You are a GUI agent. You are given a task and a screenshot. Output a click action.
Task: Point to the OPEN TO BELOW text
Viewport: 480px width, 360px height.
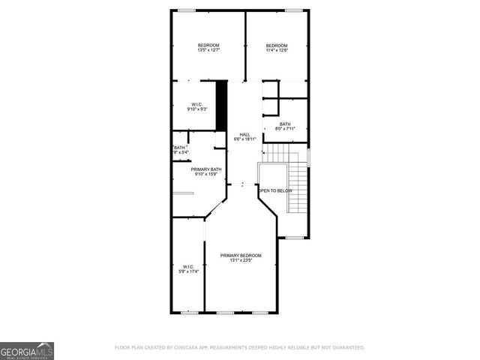(x=275, y=190)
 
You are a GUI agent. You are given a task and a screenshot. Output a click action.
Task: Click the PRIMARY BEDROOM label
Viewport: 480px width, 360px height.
(x=241, y=256)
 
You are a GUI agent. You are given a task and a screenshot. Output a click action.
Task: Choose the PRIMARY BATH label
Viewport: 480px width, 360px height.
(x=206, y=169)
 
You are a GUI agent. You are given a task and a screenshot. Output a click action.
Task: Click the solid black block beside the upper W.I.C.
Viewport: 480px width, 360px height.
(x=221, y=97)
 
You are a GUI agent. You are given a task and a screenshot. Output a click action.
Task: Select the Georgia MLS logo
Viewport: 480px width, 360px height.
(x=27, y=350)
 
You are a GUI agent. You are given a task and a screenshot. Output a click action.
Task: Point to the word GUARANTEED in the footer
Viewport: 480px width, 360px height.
(x=348, y=347)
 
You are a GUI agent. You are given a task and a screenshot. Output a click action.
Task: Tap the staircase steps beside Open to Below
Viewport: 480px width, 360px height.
(x=299, y=184)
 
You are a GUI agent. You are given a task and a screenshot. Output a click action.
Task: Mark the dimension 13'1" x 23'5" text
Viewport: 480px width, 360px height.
(x=241, y=260)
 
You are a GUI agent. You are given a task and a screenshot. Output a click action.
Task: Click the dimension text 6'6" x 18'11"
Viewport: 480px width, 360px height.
(x=244, y=139)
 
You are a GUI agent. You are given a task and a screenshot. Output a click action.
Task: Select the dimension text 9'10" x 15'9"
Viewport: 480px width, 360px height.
(x=206, y=175)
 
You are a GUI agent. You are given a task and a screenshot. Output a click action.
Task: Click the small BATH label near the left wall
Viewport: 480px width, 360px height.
(x=180, y=148)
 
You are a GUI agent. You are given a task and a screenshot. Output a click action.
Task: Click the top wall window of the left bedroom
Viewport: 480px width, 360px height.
(x=187, y=10)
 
